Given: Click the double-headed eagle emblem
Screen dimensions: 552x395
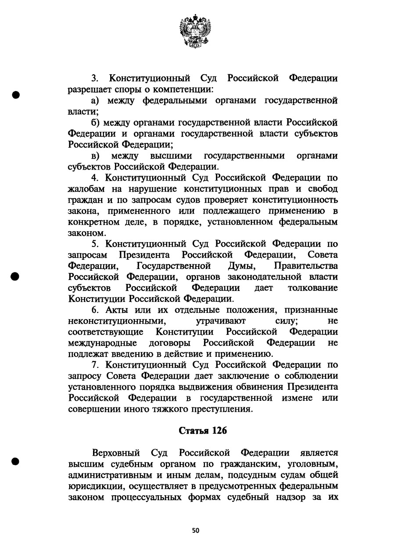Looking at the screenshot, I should tap(195, 30).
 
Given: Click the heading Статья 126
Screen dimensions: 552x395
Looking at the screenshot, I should tap(203, 431).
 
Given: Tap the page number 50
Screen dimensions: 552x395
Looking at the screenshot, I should tap(196, 530).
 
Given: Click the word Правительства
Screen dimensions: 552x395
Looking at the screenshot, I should tap(306, 266).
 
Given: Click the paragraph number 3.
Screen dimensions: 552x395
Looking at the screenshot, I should tap(93, 79).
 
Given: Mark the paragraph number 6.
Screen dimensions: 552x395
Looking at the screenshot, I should tap(94, 310).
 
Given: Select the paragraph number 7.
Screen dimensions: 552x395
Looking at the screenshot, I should tap(94, 365).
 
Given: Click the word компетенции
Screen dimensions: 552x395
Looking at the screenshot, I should tap(184, 90).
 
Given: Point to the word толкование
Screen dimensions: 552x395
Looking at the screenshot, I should tap(312, 288).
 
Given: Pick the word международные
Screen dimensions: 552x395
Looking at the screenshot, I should tap(103, 343).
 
